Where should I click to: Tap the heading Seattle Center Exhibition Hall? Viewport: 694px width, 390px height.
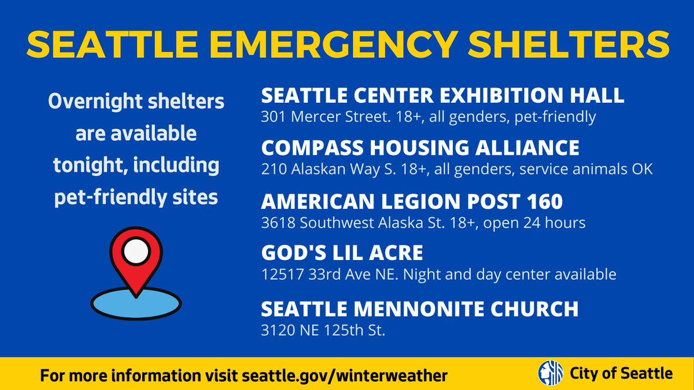pyautogui.click(x=442, y=95)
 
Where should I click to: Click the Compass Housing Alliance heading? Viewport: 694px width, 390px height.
pyautogui.click(x=420, y=148)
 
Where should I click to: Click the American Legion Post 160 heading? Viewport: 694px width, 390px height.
pyautogui.click(x=411, y=201)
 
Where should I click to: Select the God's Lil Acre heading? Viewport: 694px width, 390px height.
pyautogui.click(x=342, y=252)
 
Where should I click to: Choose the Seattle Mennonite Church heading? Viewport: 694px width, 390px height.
pyautogui.click(x=419, y=309)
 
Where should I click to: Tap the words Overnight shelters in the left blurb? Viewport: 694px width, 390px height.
pyautogui.click(x=136, y=102)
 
